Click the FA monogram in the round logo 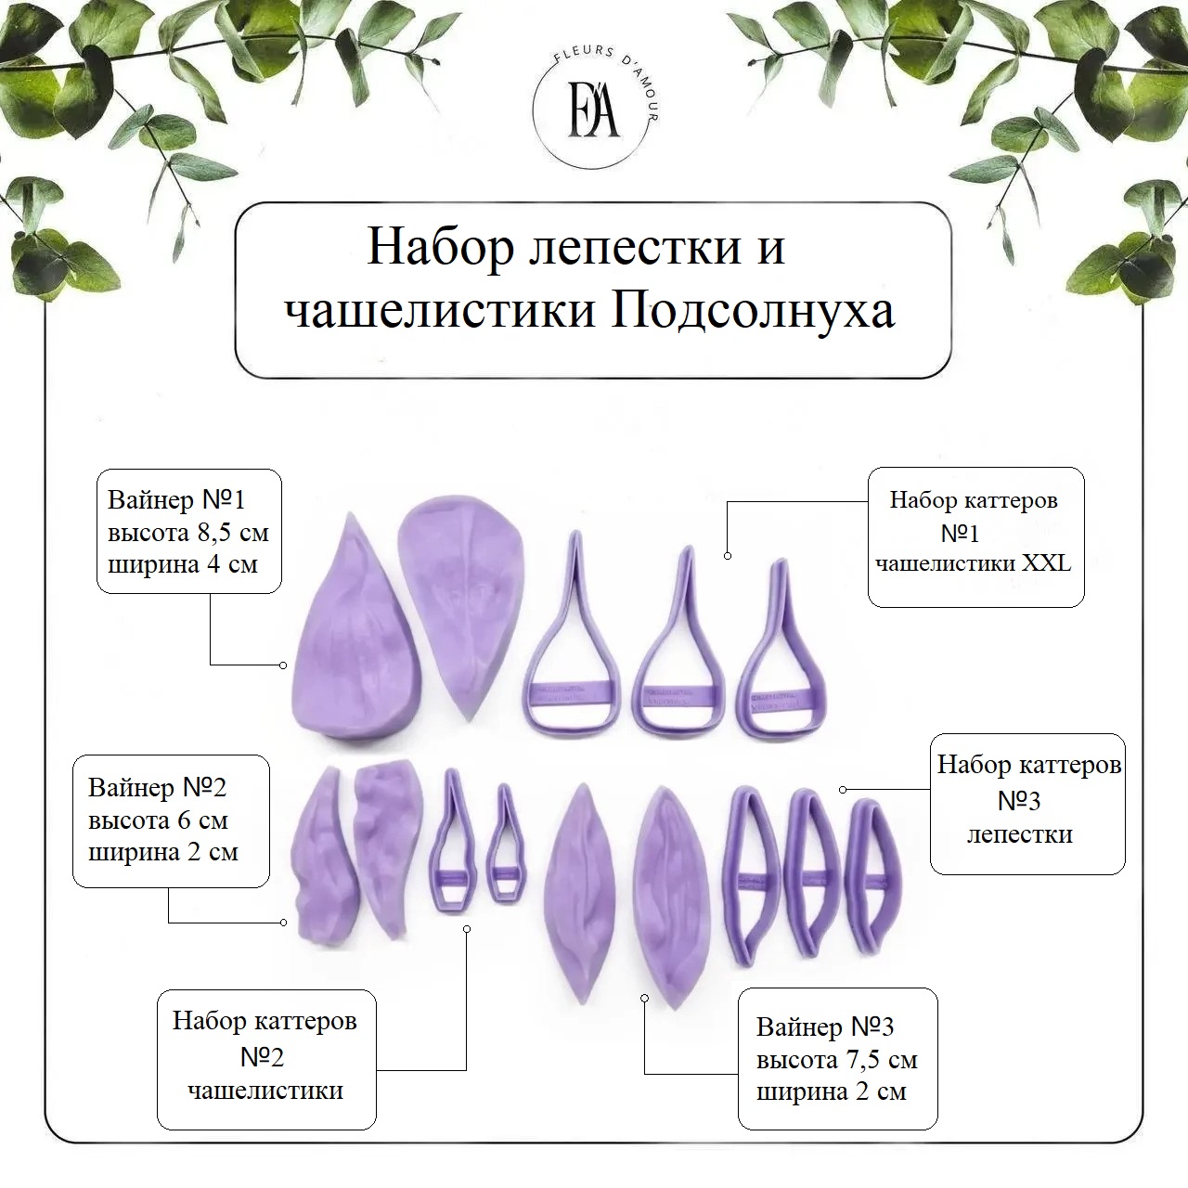coord(593,113)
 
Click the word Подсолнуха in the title coord(752,310)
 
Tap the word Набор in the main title coord(440,248)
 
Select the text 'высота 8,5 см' coord(188,532)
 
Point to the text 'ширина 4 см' coord(183,564)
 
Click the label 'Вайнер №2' coord(157,787)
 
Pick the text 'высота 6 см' coord(158,820)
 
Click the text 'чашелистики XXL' coord(974,562)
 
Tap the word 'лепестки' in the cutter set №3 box coord(1020,835)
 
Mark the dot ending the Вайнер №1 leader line coord(283,665)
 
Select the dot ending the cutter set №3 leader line coord(843,790)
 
